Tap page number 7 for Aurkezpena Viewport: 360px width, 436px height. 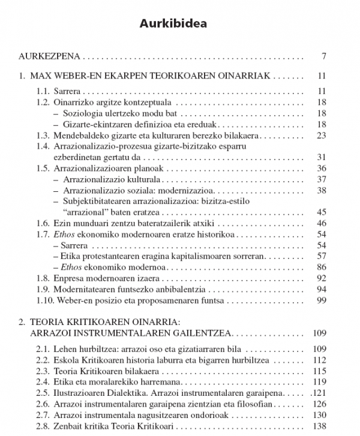point(323,58)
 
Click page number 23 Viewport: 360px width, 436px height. point(320,136)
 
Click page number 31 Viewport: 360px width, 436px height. point(320,157)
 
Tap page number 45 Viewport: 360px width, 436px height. point(320,212)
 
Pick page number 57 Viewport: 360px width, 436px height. point(320,256)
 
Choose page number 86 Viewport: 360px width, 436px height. point(320,267)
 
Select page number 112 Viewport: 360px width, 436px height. point(318,360)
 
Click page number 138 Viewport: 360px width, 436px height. point(318,425)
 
